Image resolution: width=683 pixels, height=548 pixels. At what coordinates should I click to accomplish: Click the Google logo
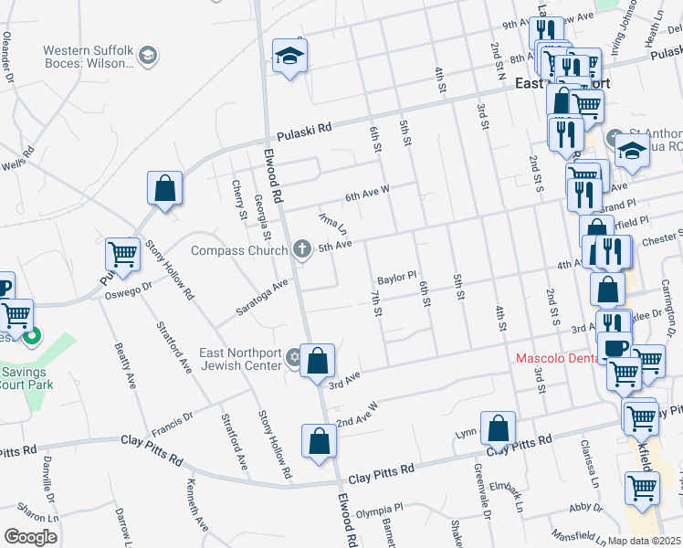(30, 537)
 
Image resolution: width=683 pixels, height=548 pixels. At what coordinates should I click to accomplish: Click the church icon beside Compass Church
(302, 249)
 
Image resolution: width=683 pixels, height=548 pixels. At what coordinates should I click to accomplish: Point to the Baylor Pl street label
(397, 275)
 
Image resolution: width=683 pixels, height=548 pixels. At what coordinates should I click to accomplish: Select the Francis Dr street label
(173, 420)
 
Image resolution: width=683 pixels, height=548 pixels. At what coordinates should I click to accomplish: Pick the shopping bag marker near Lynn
(498, 428)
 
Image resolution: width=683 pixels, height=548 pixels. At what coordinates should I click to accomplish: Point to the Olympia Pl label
(379, 512)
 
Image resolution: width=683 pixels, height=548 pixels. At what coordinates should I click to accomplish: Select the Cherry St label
(239, 199)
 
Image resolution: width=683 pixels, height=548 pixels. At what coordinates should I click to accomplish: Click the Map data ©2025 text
(644, 541)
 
